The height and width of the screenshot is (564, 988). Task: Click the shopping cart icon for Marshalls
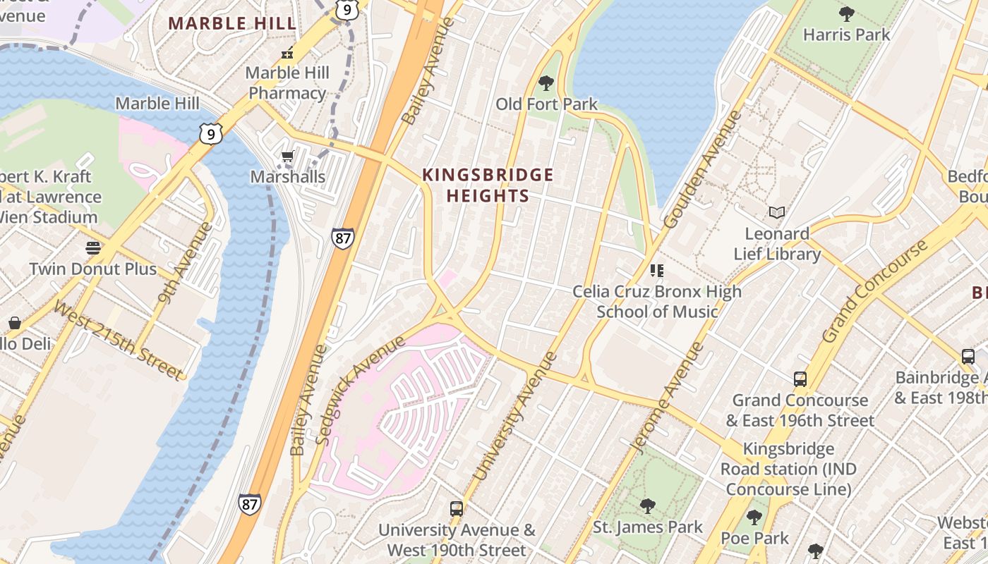click(x=287, y=157)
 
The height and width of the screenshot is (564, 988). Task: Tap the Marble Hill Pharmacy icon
click(x=287, y=53)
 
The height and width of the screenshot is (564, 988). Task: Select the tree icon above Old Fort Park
click(x=546, y=83)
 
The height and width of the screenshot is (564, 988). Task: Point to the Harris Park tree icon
click(x=846, y=13)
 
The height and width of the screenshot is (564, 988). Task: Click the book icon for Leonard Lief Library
click(x=776, y=212)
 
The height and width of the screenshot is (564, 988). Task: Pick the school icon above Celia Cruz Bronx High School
click(x=657, y=270)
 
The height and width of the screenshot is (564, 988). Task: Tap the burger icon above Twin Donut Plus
click(x=93, y=247)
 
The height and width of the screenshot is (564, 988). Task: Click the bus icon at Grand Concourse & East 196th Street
click(x=800, y=379)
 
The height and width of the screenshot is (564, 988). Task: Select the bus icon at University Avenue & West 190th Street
click(x=457, y=508)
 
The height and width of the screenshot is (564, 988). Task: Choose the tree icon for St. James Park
click(x=647, y=505)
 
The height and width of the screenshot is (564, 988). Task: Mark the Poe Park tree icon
click(x=754, y=517)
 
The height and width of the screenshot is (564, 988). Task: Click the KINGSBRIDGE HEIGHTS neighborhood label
click(x=488, y=185)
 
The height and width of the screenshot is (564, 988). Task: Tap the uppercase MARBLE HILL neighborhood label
click(x=232, y=23)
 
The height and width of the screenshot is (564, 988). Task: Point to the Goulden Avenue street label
click(x=703, y=169)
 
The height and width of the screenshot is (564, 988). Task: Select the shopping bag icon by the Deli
click(x=14, y=323)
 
